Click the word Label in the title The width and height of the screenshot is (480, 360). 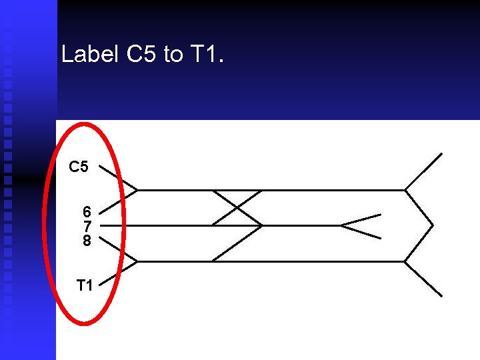90,54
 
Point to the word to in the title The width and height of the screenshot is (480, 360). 173,55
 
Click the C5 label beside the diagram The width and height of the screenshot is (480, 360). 79,167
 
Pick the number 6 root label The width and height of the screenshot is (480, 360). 87,211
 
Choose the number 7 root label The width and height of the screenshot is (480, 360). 87,226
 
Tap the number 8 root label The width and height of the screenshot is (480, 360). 87,240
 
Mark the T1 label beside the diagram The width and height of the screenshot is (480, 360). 84,285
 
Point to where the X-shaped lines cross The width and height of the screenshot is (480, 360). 236,207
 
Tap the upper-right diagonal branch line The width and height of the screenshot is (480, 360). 424,171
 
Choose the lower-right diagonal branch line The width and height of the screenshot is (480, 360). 424,279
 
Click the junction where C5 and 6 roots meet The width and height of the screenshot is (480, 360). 137,190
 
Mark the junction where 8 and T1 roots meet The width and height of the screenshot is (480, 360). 137,261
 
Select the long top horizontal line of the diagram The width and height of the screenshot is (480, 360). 300,190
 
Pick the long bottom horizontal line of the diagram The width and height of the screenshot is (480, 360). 300,261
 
